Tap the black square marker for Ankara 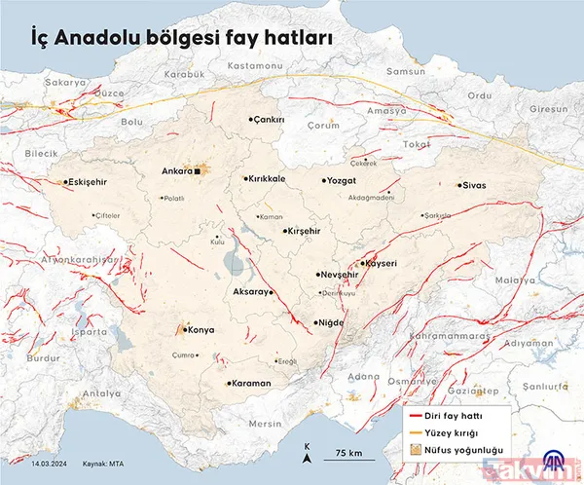pyautogui.click(x=197, y=171)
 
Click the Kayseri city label pyautogui.click(x=380, y=263)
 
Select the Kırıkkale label pyautogui.click(x=267, y=179)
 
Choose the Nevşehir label pyautogui.click(x=341, y=276)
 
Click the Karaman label pyautogui.click(x=251, y=383)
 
